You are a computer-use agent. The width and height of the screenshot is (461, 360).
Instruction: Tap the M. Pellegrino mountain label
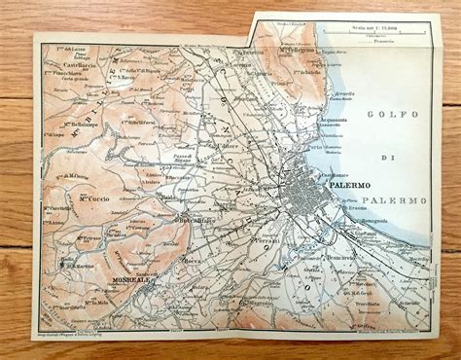[x=309, y=46]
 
